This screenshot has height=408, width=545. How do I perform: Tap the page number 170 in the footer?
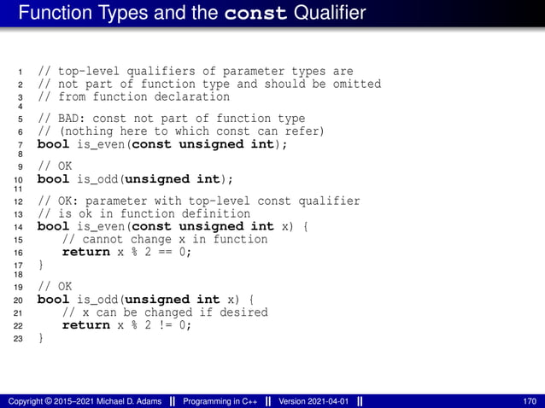coord(530,401)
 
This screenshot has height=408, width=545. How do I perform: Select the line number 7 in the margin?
coord(20,145)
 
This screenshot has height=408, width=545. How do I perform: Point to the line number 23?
coord(18,339)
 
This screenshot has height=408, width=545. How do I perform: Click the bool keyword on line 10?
coord(53,178)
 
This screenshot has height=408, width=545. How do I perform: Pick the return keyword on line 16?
coord(86,252)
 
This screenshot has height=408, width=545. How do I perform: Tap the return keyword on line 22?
coord(86,324)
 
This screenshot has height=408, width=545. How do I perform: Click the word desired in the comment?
coord(245,312)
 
